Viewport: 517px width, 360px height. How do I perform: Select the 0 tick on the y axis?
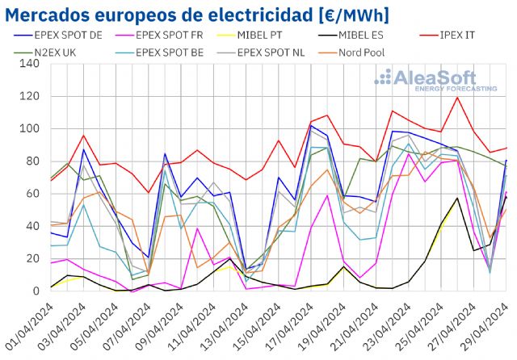pyautogui.click(x=36, y=291)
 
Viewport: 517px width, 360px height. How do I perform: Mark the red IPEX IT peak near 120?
pyautogui.click(x=458, y=98)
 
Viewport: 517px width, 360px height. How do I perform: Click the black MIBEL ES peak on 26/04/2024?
pyautogui.click(x=458, y=198)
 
